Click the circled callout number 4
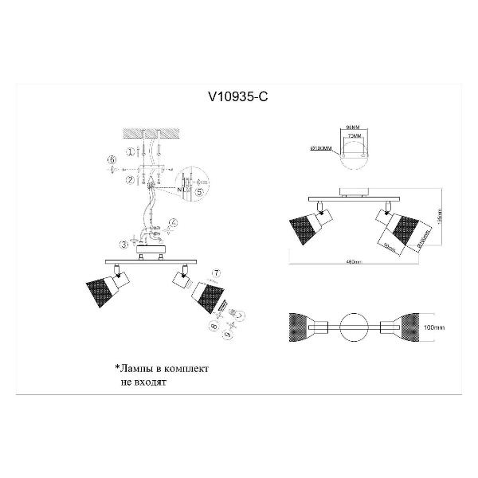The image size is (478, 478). (174, 223)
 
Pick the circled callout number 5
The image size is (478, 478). (200, 192)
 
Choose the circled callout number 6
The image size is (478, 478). (112, 162)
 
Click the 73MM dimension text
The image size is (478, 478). (352, 137)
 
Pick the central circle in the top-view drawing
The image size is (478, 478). (354, 326)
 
